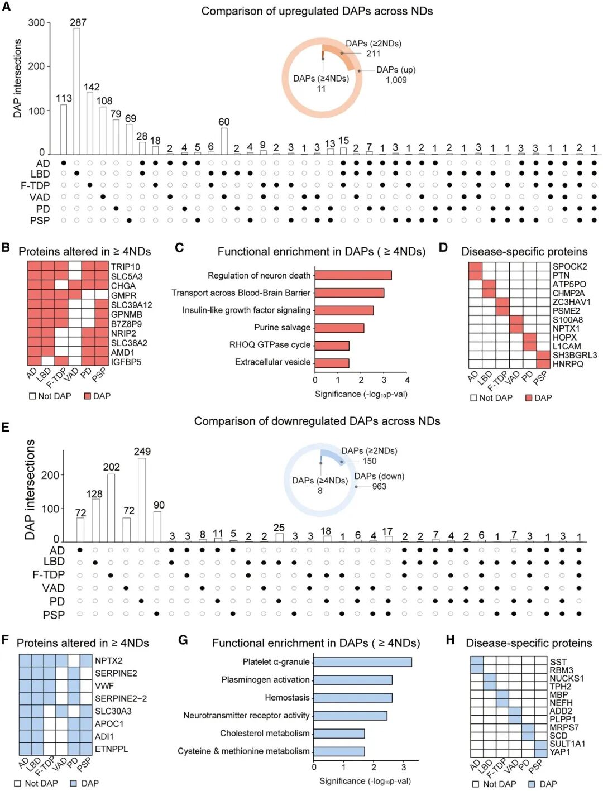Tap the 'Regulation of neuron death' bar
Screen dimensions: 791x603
pyautogui.click(x=353, y=275)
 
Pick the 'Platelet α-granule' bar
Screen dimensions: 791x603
pyautogui.click(x=362, y=662)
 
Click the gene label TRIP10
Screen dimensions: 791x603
pyautogui.click(x=125, y=267)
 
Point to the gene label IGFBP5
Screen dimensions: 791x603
pyautogui.click(x=126, y=362)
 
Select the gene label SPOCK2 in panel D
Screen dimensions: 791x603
pyautogui.click(x=569, y=266)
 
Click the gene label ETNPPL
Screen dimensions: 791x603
pyautogui.click(x=111, y=749)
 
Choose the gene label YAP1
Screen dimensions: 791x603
pyautogui.click(x=559, y=751)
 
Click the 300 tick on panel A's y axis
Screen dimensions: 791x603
pyautogui.click(x=36, y=23)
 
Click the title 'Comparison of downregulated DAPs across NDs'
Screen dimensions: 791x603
pyautogui.click(x=317, y=421)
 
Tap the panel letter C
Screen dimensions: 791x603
pyautogui.click(x=179, y=247)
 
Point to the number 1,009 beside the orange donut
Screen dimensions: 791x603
pyautogui.click(x=396, y=80)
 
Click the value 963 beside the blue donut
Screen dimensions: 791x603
pyautogui.click(x=379, y=486)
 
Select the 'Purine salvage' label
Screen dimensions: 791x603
pyautogui.click(x=282, y=327)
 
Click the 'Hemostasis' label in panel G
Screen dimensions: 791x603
pyautogui.click(x=287, y=697)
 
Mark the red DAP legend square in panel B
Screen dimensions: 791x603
pyautogui.click(x=87, y=396)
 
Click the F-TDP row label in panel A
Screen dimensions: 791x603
pyautogui.click(x=35, y=185)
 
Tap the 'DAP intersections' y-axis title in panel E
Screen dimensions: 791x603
pyautogui.click(x=30, y=490)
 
